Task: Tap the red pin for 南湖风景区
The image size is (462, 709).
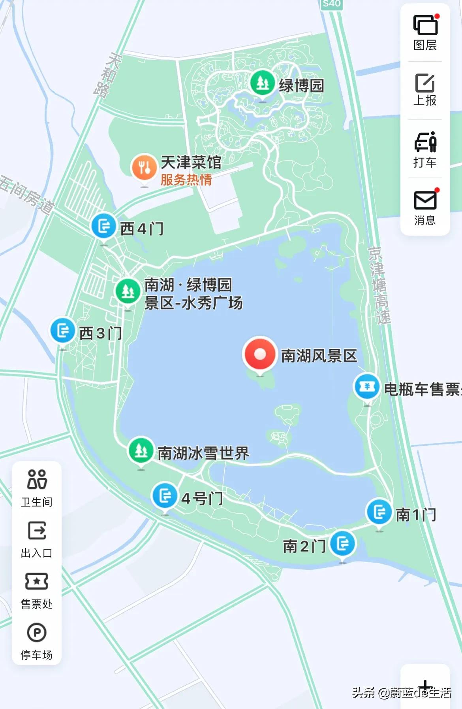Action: tap(259, 354)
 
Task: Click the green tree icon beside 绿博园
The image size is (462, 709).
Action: tap(262, 83)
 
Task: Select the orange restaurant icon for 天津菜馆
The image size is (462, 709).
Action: tap(144, 168)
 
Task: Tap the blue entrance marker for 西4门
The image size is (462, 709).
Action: tap(104, 227)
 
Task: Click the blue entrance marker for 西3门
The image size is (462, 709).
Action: tap(63, 331)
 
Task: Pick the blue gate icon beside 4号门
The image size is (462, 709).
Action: tap(165, 495)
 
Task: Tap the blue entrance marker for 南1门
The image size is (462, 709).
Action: tap(379, 512)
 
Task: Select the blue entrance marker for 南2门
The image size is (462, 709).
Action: tap(342, 544)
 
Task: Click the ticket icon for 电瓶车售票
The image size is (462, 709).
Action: tap(367, 387)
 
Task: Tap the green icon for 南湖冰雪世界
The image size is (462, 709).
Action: tap(141, 450)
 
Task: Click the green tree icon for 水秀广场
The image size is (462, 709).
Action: tap(128, 291)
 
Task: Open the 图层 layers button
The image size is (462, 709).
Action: tap(425, 33)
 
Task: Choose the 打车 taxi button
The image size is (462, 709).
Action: tap(425, 149)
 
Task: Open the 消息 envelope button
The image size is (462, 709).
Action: tap(425, 208)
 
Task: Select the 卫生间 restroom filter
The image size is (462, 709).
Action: tap(37, 488)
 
